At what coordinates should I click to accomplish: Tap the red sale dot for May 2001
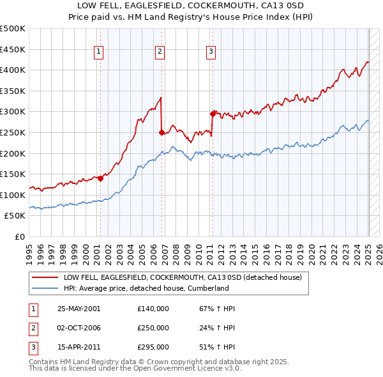point(100,179)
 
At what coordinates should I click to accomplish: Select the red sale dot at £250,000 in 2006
point(161,133)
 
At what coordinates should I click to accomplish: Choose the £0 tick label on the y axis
point(19,236)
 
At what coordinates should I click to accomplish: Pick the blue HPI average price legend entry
point(146,288)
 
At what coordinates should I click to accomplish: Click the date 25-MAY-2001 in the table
point(79,309)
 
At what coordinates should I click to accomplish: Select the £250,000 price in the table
point(153,328)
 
